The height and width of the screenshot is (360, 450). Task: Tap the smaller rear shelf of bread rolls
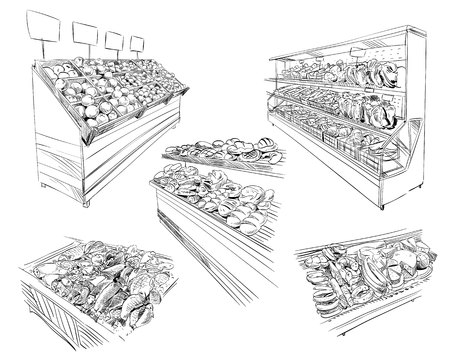(x=225, y=150)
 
